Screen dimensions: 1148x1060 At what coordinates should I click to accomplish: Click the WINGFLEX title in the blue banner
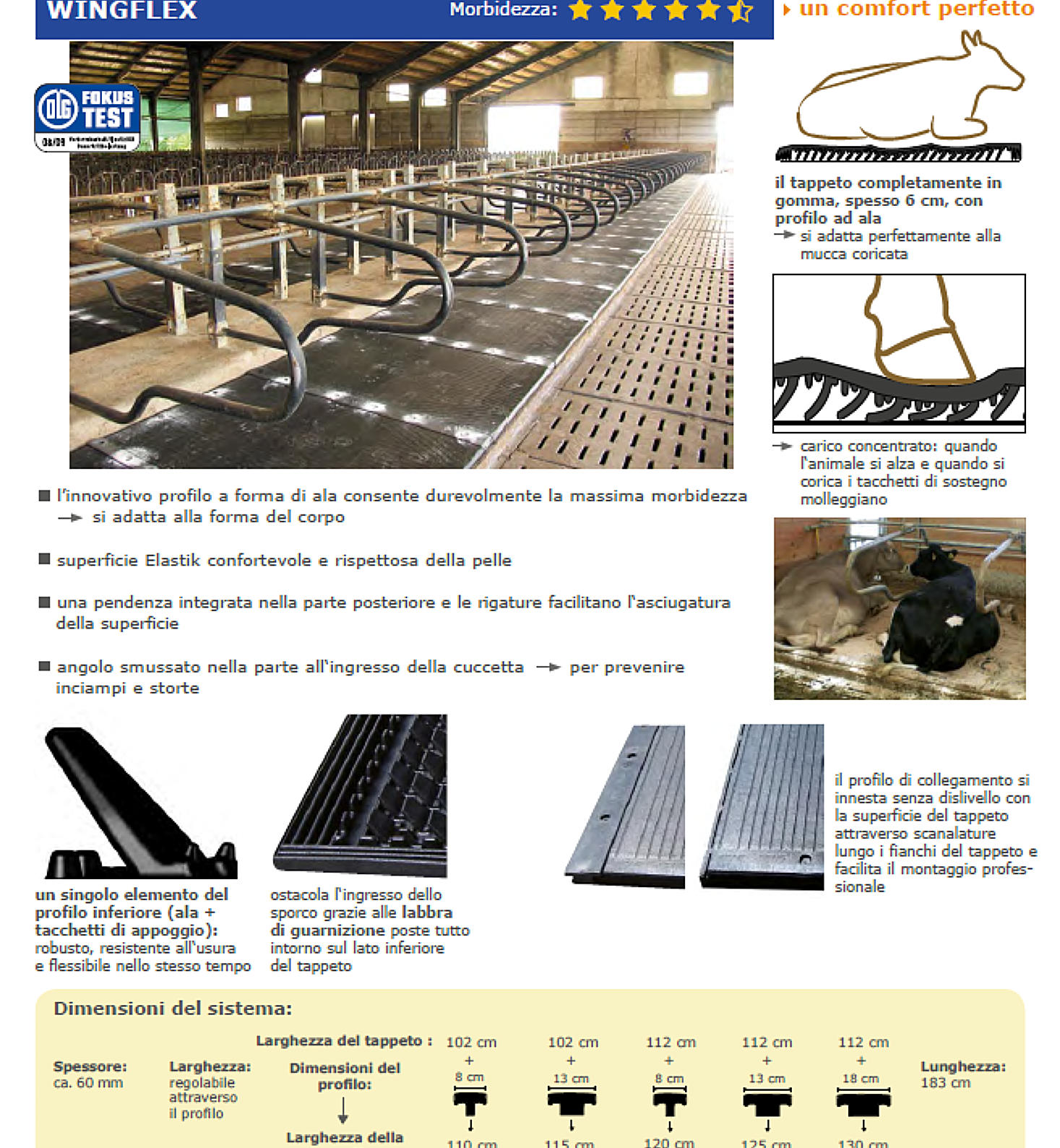(x=121, y=10)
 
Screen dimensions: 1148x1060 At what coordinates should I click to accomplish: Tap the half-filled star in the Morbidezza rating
(x=741, y=10)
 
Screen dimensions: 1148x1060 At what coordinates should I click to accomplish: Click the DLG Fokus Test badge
(x=87, y=117)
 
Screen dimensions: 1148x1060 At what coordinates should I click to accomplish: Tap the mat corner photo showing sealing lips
(x=361, y=795)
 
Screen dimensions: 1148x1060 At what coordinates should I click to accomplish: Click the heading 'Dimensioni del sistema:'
(x=173, y=1009)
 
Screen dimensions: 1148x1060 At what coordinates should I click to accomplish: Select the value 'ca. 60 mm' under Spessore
(x=88, y=1083)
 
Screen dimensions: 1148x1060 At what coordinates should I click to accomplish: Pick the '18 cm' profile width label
(x=861, y=1079)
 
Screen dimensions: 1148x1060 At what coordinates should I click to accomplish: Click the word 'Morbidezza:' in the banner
(x=503, y=10)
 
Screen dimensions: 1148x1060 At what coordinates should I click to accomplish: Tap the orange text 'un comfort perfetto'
(x=916, y=9)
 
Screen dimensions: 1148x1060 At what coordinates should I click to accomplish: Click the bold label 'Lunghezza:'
(x=962, y=1066)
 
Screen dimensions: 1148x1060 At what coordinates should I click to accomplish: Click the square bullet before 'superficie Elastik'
(x=44, y=559)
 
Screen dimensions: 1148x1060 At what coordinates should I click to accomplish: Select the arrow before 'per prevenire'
(x=548, y=667)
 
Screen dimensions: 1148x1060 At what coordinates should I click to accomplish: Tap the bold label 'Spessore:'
(x=90, y=1066)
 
